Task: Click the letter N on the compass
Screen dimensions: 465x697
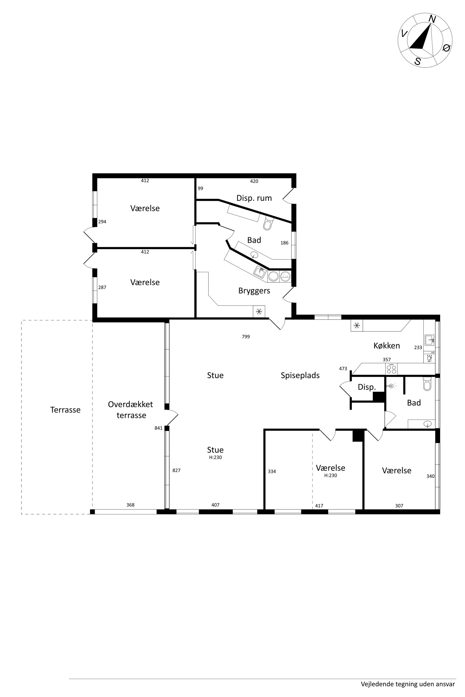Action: (x=432, y=20)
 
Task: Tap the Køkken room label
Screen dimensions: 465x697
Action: (x=387, y=346)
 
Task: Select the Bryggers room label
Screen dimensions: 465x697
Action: (x=254, y=291)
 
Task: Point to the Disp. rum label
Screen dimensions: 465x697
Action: (x=254, y=198)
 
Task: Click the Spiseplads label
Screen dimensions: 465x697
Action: (x=300, y=376)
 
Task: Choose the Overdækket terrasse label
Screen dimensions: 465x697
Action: (x=131, y=410)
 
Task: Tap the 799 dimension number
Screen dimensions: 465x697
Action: (x=246, y=336)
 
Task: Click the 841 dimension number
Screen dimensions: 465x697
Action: (x=159, y=428)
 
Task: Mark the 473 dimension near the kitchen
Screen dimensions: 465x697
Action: (x=343, y=369)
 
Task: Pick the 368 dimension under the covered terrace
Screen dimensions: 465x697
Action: (x=130, y=505)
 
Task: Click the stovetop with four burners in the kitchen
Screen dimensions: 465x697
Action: (x=391, y=369)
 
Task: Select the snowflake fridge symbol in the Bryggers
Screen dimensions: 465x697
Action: (x=259, y=312)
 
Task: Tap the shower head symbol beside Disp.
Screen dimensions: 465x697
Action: (x=391, y=386)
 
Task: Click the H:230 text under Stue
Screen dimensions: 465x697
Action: (x=215, y=457)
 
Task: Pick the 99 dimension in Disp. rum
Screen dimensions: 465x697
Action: (x=200, y=188)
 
